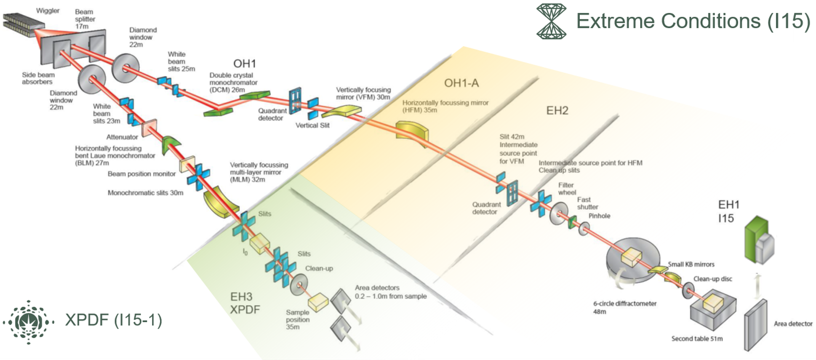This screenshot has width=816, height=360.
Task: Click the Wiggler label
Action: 48,11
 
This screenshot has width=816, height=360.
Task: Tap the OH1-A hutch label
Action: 461,83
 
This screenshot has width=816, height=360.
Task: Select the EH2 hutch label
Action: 557,111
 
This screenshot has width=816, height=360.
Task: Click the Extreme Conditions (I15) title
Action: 693,21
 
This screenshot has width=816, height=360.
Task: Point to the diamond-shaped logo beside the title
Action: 551,21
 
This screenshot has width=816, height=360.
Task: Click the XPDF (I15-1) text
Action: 113,320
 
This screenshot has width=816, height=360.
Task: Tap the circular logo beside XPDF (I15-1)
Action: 29,322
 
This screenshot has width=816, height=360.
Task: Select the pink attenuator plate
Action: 149,128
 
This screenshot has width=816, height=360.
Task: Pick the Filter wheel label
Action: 567,189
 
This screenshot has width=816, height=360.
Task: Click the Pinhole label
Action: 599,216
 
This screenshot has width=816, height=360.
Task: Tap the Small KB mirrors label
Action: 691,264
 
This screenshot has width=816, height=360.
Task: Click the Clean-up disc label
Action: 712,279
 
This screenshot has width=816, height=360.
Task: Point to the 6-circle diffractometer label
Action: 624,304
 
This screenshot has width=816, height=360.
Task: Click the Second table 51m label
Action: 697,339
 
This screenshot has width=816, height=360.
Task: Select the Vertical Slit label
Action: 312,125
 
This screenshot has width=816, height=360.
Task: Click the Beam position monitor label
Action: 141,174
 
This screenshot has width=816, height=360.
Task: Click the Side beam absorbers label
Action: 38,78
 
